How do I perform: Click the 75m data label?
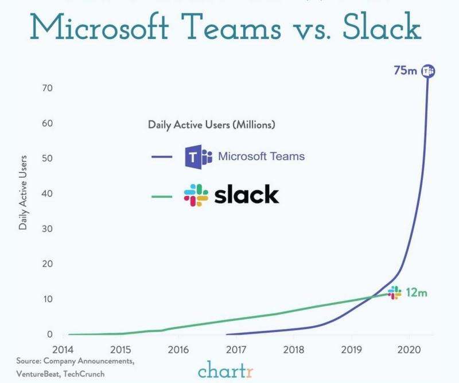pos(405,71)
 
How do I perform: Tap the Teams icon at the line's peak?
pos(428,71)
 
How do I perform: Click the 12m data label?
pos(417,292)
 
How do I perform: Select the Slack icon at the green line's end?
pos(395,292)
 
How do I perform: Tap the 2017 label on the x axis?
pos(236,349)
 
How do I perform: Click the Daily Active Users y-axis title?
pos(24,192)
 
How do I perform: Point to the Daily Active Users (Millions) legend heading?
pos(212,124)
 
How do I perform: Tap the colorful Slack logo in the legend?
pos(196,196)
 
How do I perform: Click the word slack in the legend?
pos(247,196)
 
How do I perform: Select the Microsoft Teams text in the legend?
pos(261,156)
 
